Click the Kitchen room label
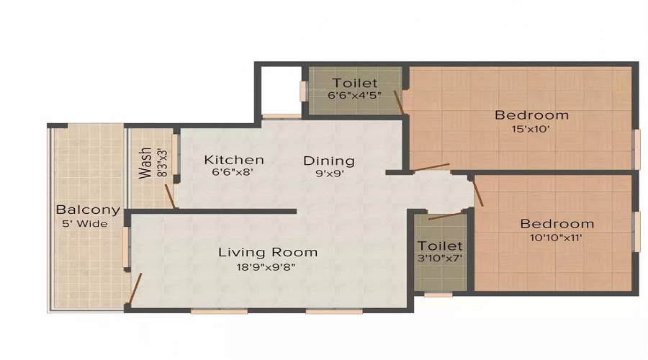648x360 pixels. (233, 160)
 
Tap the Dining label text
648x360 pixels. (328, 161)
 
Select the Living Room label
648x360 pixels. (268, 252)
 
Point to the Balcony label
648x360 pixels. (82, 210)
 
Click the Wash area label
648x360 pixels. (145, 163)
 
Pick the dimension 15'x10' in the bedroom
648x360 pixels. (531, 130)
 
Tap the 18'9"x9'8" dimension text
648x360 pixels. (267, 266)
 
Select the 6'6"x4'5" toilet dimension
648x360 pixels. (354, 95)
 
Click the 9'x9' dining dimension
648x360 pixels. (328, 174)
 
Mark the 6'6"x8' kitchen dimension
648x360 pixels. (233, 173)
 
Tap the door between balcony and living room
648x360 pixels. (135, 289)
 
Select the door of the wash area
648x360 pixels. (170, 197)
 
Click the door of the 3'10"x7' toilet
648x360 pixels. (446, 215)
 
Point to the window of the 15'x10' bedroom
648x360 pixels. (636, 149)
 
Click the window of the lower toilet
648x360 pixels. (438, 294)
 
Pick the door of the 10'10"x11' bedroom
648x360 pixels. (478, 192)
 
